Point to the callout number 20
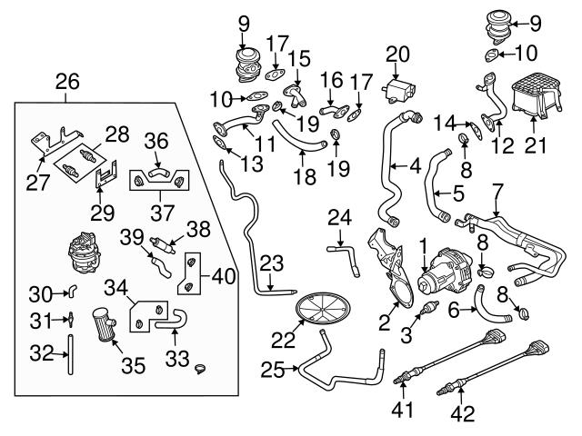[x=396, y=54]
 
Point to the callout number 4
[x=415, y=166]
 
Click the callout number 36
[x=157, y=141]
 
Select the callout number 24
[x=339, y=218]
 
